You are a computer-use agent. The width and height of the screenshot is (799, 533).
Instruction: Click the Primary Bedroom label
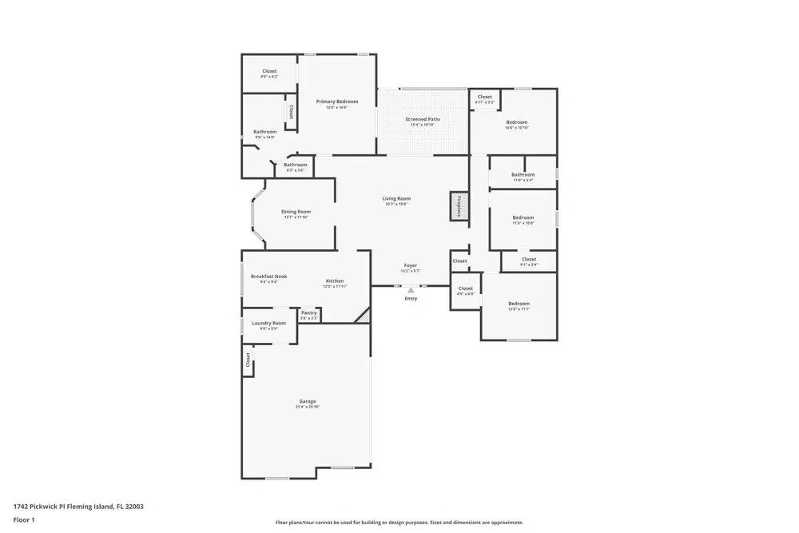[x=336, y=101]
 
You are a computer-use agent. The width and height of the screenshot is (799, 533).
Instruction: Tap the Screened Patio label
[x=422, y=119]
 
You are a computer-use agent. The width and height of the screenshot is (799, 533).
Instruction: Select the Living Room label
[x=396, y=198]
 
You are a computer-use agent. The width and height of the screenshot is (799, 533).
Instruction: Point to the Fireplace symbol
[x=459, y=206]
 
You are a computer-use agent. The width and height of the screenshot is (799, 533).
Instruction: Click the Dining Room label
[x=295, y=212]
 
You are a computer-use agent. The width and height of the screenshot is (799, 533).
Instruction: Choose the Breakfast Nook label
[x=268, y=276]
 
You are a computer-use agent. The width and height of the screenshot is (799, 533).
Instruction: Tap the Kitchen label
[x=335, y=281]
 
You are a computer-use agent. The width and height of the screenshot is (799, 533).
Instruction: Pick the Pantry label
[x=309, y=312]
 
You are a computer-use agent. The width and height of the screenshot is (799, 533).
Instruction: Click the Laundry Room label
[x=268, y=323]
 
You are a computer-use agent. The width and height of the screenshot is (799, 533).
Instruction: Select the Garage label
[x=308, y=401]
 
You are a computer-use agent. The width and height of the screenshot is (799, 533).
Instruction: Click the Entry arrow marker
[x=411, y=291]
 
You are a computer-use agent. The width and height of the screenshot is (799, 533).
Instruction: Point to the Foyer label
[x=410, y=265]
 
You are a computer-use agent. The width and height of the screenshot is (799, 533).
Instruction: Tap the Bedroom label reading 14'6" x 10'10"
[x=517, y=122]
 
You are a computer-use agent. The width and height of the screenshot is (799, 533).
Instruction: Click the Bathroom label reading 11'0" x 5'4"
[x=523, y=174]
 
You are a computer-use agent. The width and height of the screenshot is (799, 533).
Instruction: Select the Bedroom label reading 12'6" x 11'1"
[x=519, y=304]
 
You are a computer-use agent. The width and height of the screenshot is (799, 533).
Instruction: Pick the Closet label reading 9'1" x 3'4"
[x=529, y=259]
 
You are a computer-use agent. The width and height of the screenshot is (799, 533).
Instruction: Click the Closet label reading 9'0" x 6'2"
[x=269, y=71]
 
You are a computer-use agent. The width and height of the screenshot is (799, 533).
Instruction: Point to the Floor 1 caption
[x=24, y=519]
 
